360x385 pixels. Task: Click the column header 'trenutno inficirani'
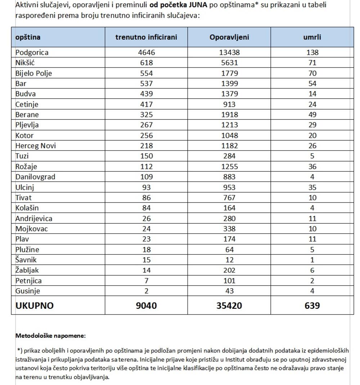pyautogui.click(x=146, y=37)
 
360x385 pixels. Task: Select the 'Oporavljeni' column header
pyautogui.click(x=229, y=37)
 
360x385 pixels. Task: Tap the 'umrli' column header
pyautogui.click(x=312, y=37)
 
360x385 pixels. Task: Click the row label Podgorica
pyautogui.click(x=32, y=53)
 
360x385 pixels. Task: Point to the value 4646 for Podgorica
pyautogui.click(x=146, y=53)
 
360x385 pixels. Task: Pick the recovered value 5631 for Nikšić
pyautogui.click(x=229, y=63)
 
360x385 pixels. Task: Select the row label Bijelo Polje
pyautogui.click(x=34, y=73)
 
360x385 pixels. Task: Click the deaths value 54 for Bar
pyautogui.click(x=312, y=83)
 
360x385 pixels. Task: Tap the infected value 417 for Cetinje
pyautogui.click(x=146, y=104)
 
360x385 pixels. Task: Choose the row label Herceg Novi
pyautogui.click(x=36, y=146)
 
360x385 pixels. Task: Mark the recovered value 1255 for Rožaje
pyautogui.click(x=229, y=167)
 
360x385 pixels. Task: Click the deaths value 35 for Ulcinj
pyautogui.click(x=312, y=187)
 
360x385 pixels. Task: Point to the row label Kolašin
pyautogui.click(x=27, y=208)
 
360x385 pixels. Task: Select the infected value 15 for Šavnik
pyautogui.click(x=146, y=260)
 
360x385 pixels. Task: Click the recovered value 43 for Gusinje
pyautogui.click(x=229, y=291)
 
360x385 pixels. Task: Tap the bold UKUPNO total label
pyautogui.click(x=35, y=305)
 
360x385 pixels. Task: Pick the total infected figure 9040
pyautogui.click(x=146, y=305)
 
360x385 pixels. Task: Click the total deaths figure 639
pyautogui.click(x=312, y=305)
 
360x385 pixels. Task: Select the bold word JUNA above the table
pyautogui.click(x=198, y=5)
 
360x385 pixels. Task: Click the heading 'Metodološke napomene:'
pyautogui.click(x=50, y=336)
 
